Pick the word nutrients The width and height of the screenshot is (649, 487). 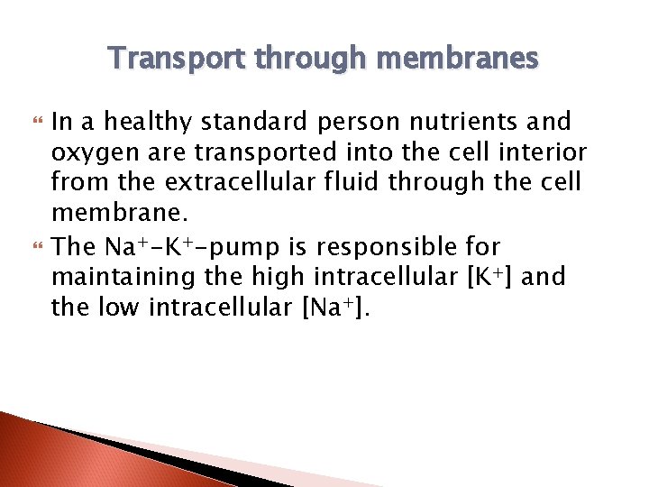click(442, 121)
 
